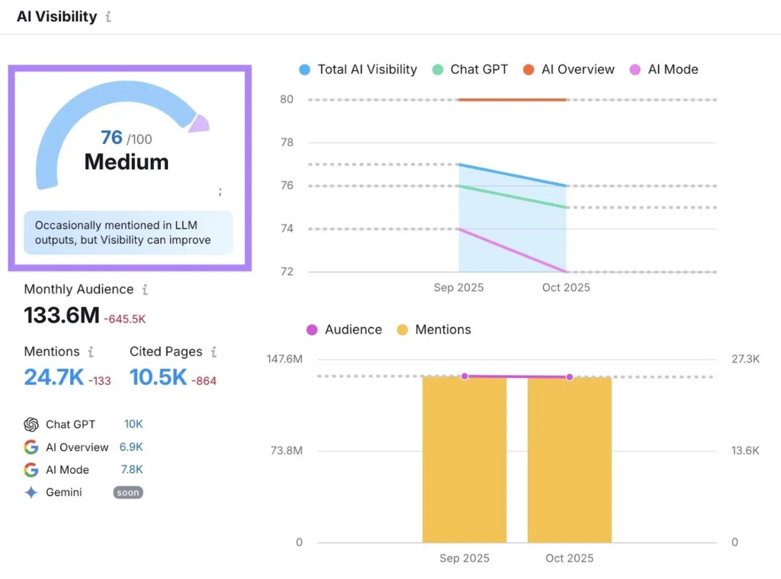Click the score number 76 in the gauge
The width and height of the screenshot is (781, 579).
111,137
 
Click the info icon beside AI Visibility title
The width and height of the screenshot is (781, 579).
108,17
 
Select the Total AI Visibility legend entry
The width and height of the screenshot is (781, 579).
358,69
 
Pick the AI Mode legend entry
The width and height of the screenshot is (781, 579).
664,69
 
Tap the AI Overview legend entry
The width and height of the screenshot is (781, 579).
569,69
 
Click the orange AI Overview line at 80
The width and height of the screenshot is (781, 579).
512,99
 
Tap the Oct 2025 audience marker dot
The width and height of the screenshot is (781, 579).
569,377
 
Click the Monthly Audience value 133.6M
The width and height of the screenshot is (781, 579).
62,315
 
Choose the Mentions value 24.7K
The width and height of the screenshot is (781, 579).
53,377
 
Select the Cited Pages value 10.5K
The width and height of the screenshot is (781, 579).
158,377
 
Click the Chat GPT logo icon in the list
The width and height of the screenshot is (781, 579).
31,424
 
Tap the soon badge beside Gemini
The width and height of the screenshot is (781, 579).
128,493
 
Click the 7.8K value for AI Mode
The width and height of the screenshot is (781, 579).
132,469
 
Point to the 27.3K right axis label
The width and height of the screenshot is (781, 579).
745,359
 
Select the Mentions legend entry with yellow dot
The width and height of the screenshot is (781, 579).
434,330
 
